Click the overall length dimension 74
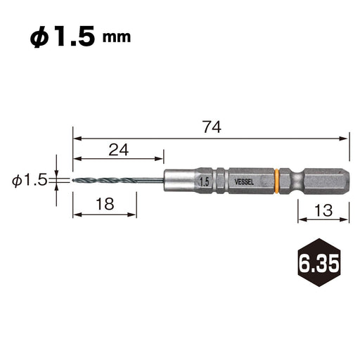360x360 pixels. (x=212, y=127)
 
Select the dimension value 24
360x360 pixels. (x=119, y=150)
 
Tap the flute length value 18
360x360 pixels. (x=105, y=204)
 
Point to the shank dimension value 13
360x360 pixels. (x=323, y=210)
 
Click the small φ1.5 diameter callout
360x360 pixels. (x=30, y=181)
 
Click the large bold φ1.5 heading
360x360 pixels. (x=63, y=37)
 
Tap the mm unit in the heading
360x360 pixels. (x=117, y=37)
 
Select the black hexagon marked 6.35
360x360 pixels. (x=319, y=262)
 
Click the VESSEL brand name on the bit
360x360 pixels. (x=244, y=182)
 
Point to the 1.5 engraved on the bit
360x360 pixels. (x=204, y=182)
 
